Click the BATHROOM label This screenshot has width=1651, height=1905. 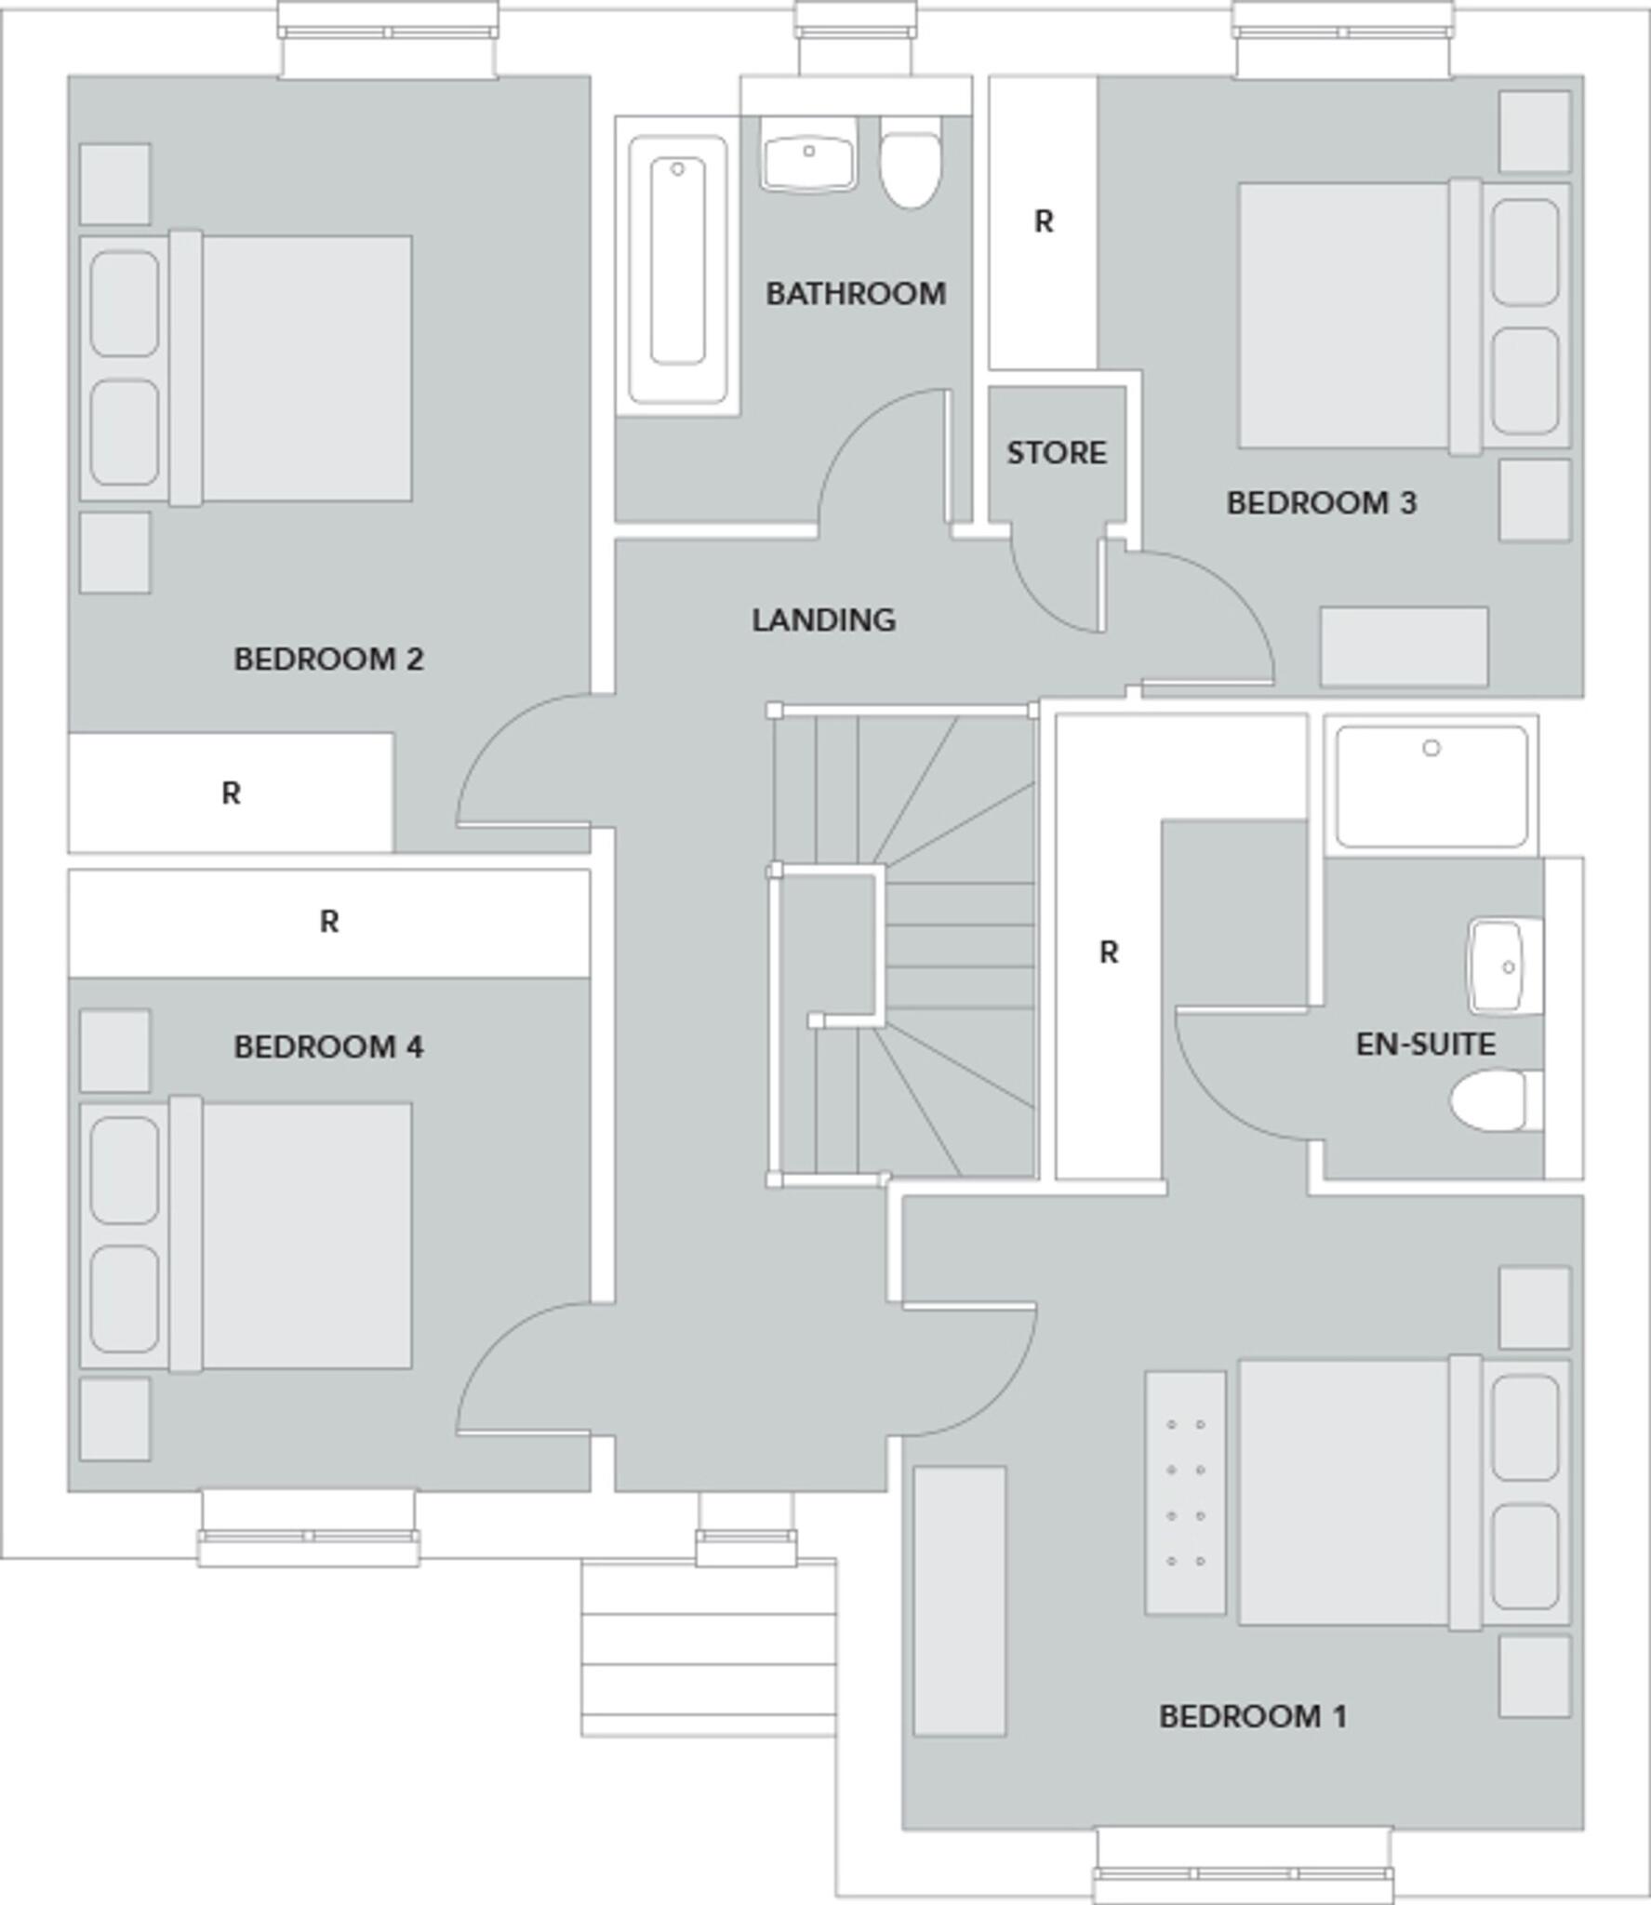pyautogui.click(x=856, y=294)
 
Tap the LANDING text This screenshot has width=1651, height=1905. pyautogui.click(x=823, y=619)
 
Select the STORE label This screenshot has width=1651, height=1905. pyautogui.click(x=1057, y=453)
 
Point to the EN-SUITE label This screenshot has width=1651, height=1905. pyautogui.click(x=1425, y=1045)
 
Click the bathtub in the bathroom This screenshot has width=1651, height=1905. pyautogui.click(x=677, y=270)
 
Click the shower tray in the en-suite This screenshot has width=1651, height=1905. pyautogui.click(x=1431, y=786)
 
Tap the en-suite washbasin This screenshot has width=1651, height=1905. pyautogui.click(x=1503, y=966)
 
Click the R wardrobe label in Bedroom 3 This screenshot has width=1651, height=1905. pyautogui.click(x=1044, y=222)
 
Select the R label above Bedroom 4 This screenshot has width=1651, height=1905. pyautogui.click(x=328, y=922)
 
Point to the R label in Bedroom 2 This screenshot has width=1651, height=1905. pyautogui.click(x=231, y=793)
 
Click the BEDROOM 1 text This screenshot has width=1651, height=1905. pyautogui.click(x=1252, y=1716)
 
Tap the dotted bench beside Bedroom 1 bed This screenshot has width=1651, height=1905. pyautogui.click(x=1185, y=1492)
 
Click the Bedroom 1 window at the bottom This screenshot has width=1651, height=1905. pyautogui.click(x=1244, y=1872)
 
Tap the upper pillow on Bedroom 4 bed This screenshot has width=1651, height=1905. pyautogui.click(x=125, y=1170)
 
